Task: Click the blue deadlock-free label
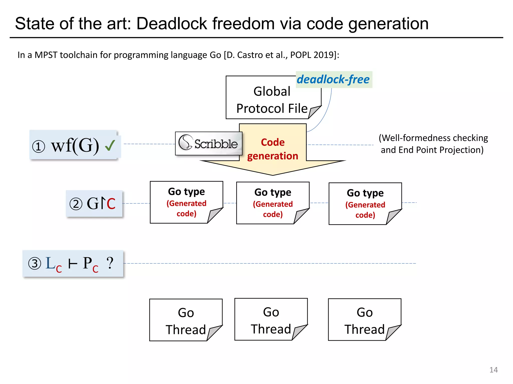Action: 333,79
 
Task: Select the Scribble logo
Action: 208,143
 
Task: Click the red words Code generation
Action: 273,149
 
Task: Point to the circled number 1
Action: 39,146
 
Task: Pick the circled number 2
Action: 76,204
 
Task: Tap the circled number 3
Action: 35,264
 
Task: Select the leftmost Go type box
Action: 186,202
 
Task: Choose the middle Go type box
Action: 273,203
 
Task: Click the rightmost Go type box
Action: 365,203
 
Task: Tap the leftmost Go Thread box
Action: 186,320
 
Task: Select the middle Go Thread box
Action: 271,319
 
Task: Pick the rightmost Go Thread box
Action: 364,320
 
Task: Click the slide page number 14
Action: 493,370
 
